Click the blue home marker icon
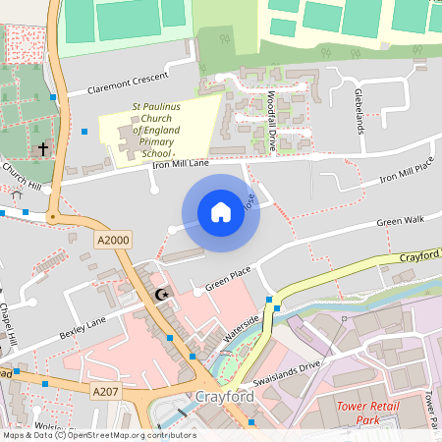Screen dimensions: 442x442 coord(221,212)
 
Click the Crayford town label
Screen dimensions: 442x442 coord(225,397)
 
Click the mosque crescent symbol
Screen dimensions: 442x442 coord(162,295)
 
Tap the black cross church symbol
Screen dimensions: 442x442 coord(42,150)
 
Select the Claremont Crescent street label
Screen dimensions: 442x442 coord(128,82)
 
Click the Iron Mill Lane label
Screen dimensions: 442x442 coord(181,164)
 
